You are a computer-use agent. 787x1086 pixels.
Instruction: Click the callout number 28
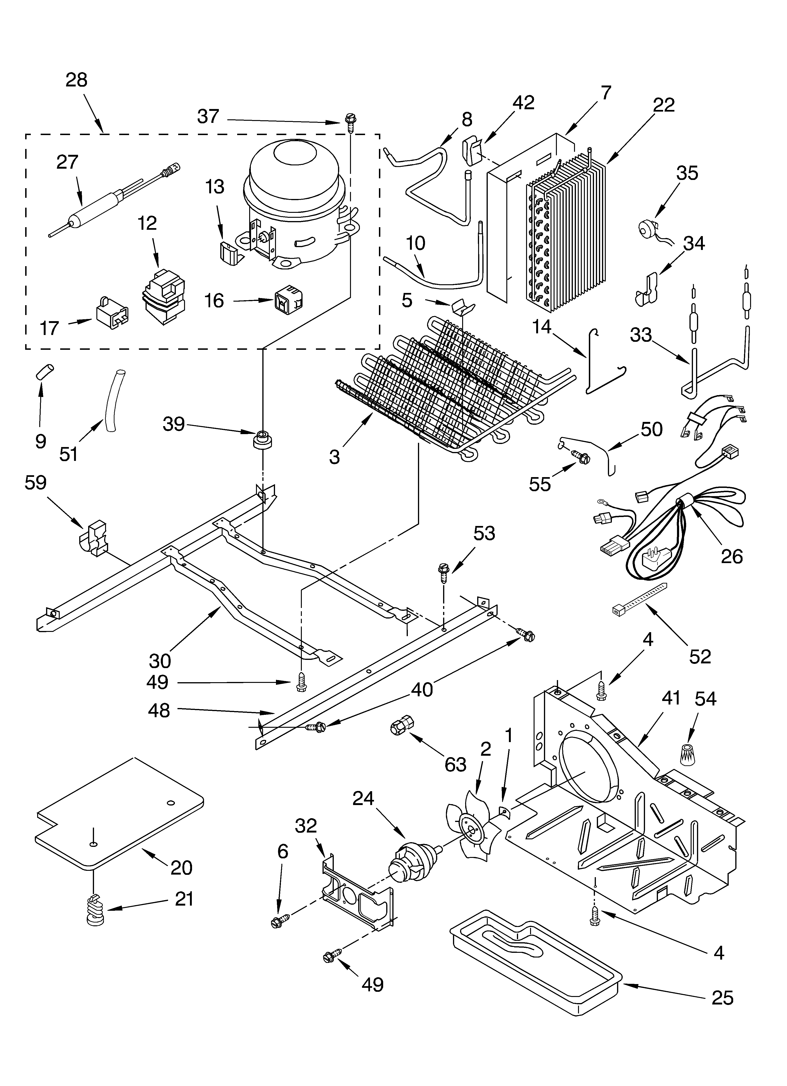[77, 80]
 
